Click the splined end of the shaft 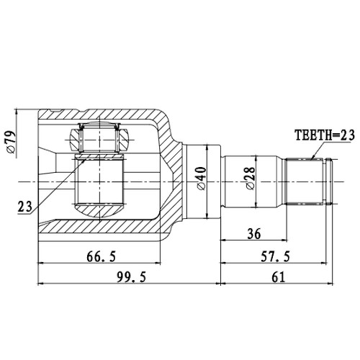307,181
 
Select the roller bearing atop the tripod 97,136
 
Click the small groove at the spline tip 330,181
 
